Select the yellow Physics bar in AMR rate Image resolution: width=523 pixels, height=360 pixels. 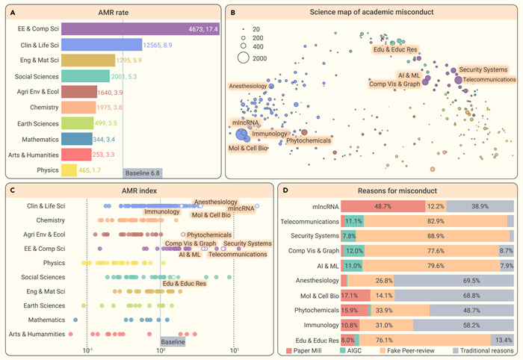coord(68,171)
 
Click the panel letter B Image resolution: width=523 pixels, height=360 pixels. coord(235,11)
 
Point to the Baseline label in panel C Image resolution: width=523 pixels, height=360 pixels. coord(173,341)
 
